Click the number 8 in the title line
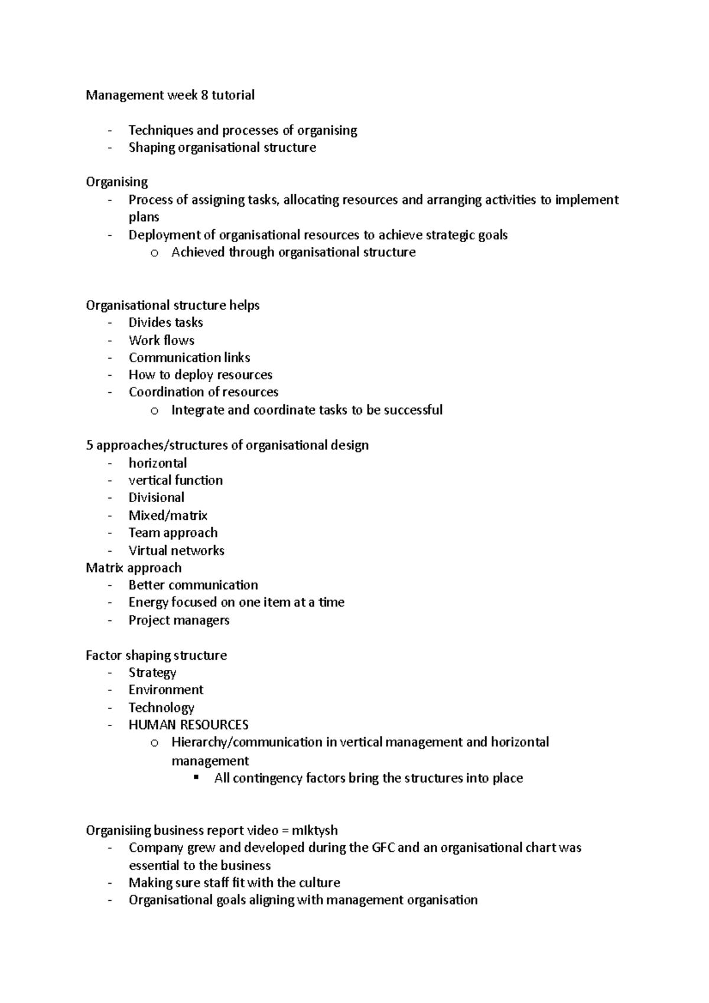point(204,95)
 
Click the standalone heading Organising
point(116,182)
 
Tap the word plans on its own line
point(144,217)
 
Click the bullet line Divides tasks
point(165,323)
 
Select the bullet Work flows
point(161,340)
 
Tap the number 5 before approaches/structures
point(89,445)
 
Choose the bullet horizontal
point(158,463)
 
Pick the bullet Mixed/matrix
point(168,515)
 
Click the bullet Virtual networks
point(176,551)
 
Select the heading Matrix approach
point(134,568)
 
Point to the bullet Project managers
point(179,620)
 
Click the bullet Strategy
point(152,673)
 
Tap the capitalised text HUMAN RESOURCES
point(188,725)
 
